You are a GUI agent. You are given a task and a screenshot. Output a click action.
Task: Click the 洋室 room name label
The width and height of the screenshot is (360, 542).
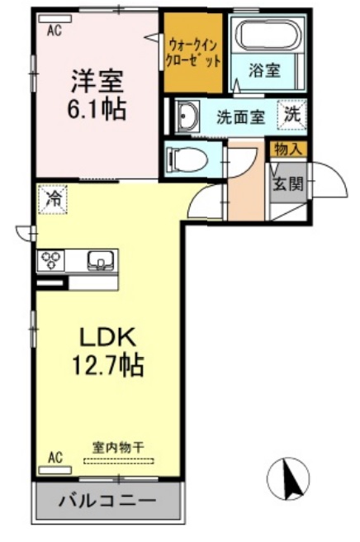(97, 82)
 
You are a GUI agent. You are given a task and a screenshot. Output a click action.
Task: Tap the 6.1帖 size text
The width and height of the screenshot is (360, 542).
(97, 109)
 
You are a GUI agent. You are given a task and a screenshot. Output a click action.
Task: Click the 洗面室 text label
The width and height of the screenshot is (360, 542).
(240, 116)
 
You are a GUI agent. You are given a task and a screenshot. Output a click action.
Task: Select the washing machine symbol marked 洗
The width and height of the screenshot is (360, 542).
(293, 114)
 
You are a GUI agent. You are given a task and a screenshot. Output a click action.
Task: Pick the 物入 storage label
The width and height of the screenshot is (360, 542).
(288, 149)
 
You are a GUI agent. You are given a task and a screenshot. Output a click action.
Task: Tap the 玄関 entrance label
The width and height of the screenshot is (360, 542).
(288, 182)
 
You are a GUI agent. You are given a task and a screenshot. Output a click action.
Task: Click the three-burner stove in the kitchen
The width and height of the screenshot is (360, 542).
(52, 261)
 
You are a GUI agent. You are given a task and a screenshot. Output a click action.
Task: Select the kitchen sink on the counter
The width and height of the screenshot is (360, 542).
(101, 261)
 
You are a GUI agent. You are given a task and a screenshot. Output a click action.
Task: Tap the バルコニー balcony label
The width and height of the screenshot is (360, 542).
(107, 502)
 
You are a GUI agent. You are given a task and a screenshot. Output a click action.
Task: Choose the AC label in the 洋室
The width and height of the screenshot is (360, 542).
(54, 31)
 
